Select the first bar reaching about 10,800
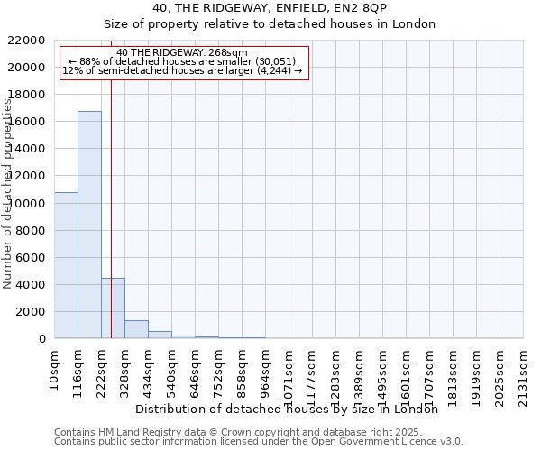66,265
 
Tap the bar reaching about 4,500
113,308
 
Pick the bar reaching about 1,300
136,329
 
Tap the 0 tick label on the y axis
41,338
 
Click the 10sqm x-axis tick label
54,369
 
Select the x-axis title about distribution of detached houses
292,409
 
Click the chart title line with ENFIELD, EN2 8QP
270,7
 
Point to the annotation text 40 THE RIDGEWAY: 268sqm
181,53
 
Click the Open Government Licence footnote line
259,441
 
